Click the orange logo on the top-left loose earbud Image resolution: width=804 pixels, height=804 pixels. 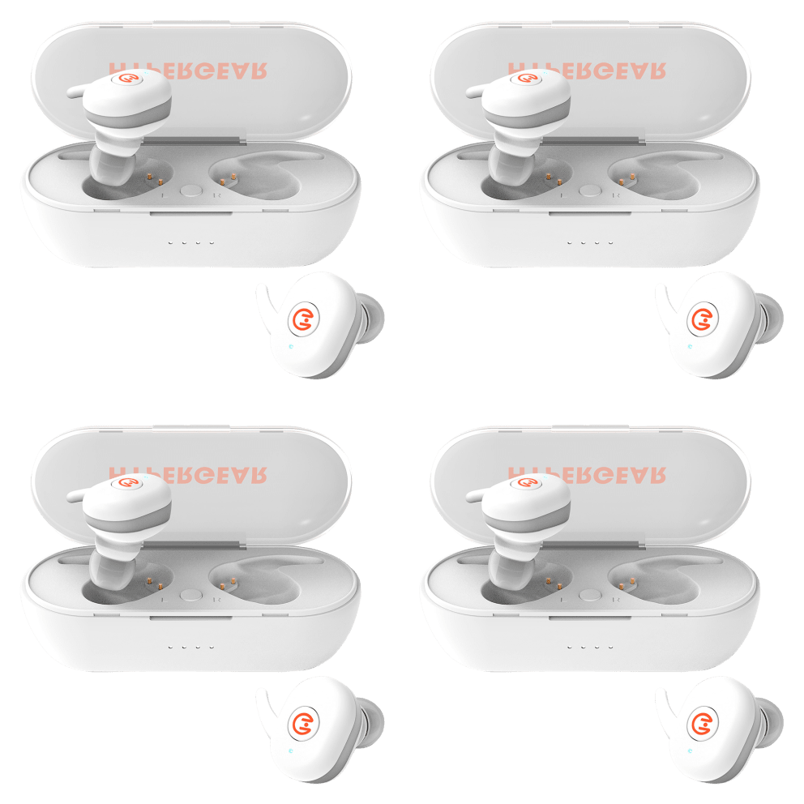click(x=303, y=319)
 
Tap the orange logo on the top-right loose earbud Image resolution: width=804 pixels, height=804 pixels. click(x=702, y=319)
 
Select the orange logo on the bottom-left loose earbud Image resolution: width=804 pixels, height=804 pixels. click(x=303, y=723)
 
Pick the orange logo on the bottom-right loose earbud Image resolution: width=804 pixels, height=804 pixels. click(x=702, y=723)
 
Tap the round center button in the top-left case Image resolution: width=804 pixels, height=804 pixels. click(x=191, y=190)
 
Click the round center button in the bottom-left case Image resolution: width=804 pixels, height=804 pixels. click(x=191, y=595)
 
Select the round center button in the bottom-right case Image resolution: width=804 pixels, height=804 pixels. click(x=591, y=595)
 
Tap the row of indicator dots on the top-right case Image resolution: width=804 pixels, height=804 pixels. click(x=589, y=242)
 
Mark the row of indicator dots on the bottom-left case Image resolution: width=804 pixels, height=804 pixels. click(x=190, y=647)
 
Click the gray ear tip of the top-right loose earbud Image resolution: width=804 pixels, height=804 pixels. click(x=773, y=315)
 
